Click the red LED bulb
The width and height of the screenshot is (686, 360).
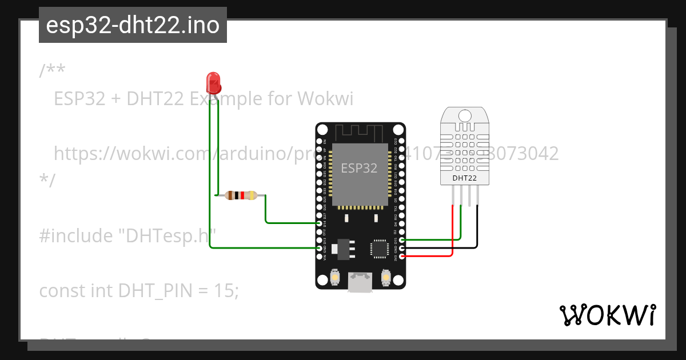[x=213, y=82]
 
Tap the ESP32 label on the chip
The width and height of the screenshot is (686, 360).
[x=359, y=168]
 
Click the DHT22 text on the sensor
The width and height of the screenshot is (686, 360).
[x=464, y=178]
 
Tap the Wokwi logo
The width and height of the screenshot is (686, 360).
[x=608, y=315]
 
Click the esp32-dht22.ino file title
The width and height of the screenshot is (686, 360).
[x=133, y=25]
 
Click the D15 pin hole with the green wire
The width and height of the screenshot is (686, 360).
[x=402, y=239]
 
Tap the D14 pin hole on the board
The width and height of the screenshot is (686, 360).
[x=320, y=223]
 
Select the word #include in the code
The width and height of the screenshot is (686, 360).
[x=76, y=235]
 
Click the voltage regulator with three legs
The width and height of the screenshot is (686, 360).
[x=345, y=249]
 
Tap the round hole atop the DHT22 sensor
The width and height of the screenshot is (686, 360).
[x=464, y=115]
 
